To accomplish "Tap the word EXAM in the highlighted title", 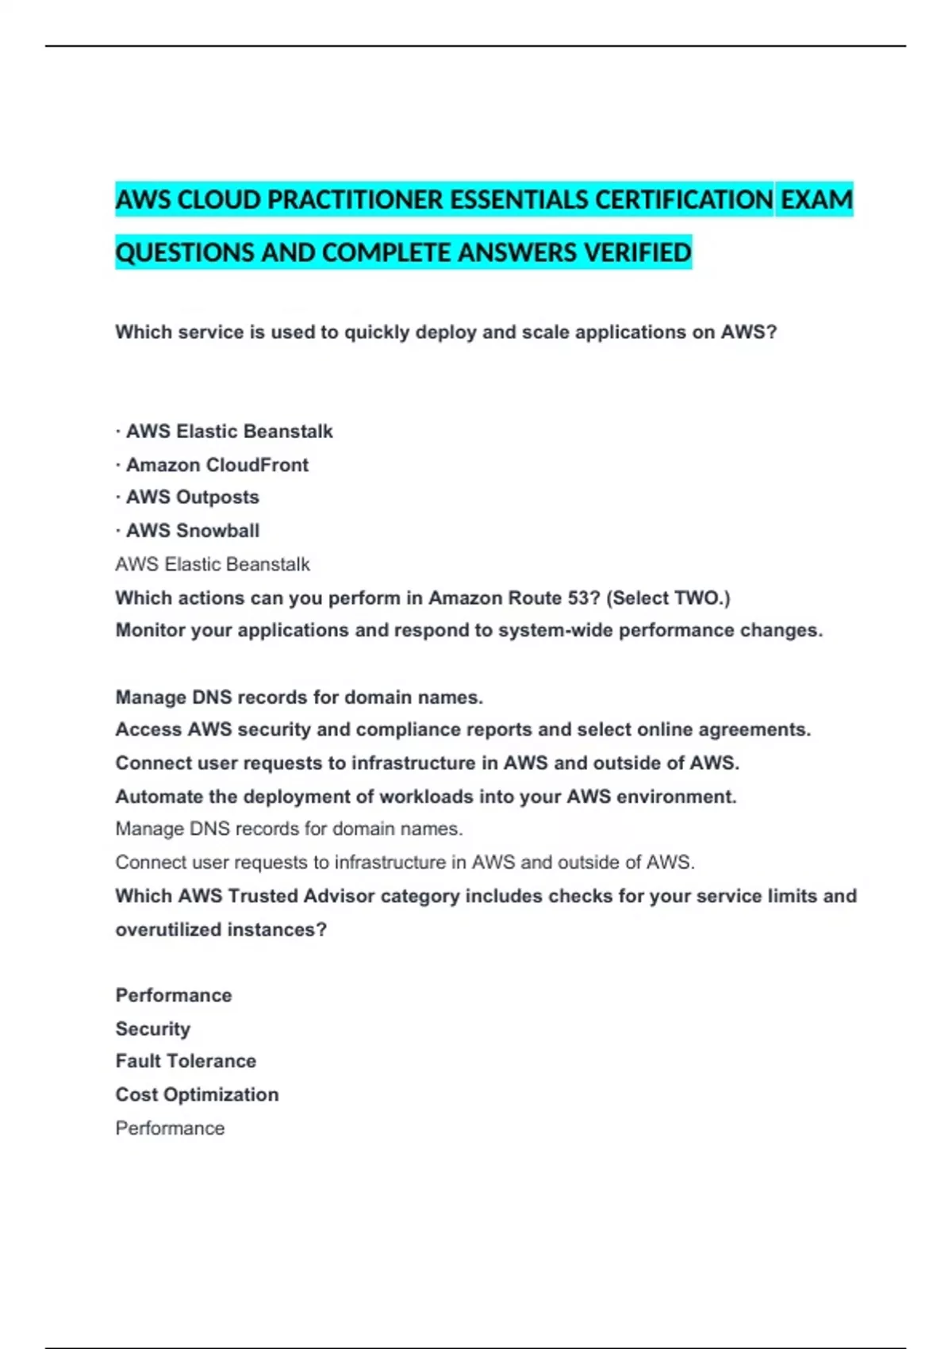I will [x=816, y=199].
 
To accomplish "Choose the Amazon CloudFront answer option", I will [x=217, y=465].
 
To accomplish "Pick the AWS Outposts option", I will [x=192, y=498].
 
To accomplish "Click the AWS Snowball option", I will [x=192, y=531].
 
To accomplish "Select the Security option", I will [x=153, y=1029].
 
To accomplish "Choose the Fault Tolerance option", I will [x=186, y=1062].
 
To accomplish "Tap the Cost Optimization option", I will [x=197, y=1095].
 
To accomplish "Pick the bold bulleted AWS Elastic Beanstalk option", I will [x=229, y=432].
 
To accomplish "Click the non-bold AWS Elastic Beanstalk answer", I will [x=213, y=565].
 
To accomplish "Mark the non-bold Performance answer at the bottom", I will [x=170, y=1128].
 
